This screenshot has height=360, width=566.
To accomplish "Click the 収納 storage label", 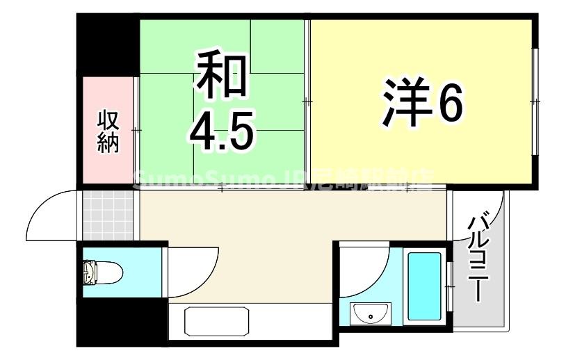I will (x=107, y=132).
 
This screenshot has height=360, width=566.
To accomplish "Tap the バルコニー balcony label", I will (x=478, y=258).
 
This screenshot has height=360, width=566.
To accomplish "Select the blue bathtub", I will (x=424, y=286).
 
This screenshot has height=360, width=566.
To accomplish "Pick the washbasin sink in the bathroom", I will (x=371, y=314).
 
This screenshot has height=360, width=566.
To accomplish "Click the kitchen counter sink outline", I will (x=218, y=322).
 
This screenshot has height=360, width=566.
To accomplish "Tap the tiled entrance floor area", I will (x=107, y=213).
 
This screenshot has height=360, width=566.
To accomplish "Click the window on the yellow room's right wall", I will (x=534, y=101).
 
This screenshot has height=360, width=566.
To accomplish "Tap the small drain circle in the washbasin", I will (x=371, y=317).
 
